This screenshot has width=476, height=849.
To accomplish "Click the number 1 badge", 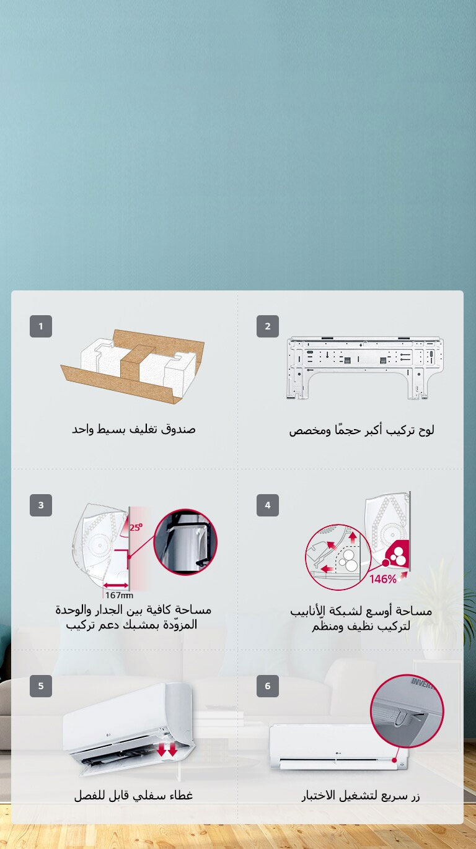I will [x=41, y=326].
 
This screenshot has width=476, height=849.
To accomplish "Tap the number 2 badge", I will [x=268, y=326].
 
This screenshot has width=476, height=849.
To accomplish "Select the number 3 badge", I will [x=41, y=505].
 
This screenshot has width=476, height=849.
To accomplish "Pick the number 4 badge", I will [x=268, y=505].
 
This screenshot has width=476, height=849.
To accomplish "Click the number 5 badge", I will [x=41, y=686].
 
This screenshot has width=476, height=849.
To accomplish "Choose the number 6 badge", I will [x=268, y=686].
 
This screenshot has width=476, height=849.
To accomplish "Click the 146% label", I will [x=383, y=579].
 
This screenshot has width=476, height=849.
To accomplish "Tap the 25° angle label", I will [x=136, y=528].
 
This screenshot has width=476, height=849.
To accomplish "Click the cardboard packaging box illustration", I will [x=133, y=365].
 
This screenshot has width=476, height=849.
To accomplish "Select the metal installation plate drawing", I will [x=365, y=367].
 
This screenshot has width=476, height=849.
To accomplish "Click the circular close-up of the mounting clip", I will [x=185, y=542].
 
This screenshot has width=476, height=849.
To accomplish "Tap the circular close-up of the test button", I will [x=407, y=710].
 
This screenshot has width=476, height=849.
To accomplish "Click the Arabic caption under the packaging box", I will [x=133, y=429].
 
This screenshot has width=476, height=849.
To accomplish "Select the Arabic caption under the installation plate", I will [x=361, y=430].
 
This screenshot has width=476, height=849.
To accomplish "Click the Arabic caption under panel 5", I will [x=133, y=795].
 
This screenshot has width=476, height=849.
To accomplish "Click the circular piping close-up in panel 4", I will [x=337, y=557].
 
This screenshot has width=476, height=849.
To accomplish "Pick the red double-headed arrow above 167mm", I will [x=116, y=585].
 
